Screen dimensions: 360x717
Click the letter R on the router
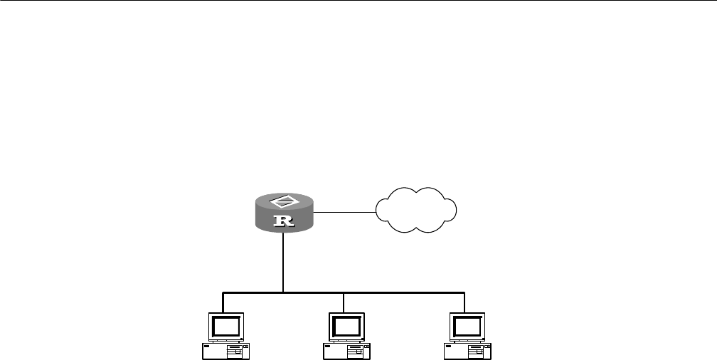[284, 221]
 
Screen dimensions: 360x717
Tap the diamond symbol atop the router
[284, 200]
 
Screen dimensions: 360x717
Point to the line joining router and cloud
[344, 212]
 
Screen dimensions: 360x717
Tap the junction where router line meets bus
[284, 292]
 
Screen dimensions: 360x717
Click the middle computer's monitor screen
[345, 327]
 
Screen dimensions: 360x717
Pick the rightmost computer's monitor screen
[466, 327]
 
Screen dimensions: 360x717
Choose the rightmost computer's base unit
[466, 350]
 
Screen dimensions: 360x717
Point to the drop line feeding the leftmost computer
[223, 303]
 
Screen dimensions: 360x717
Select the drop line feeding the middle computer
[344, 303]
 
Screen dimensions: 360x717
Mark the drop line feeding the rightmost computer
[464, 303]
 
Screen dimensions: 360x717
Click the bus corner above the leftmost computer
[223, 292]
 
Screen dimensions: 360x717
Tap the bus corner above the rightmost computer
[464, 292]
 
